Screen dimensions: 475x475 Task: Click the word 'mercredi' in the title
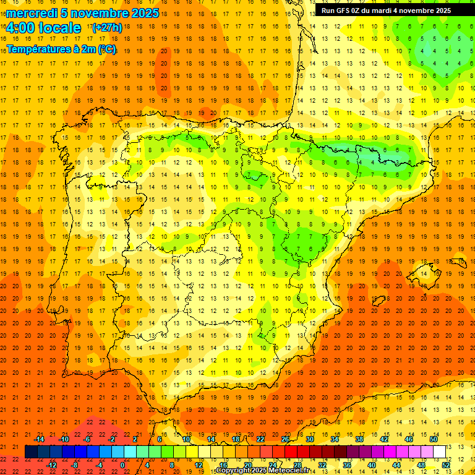32,13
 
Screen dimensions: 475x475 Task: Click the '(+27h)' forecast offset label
106,28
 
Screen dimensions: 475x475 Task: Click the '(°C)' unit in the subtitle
106,48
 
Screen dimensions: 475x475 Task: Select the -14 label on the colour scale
40,439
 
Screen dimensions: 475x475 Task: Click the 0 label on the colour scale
122,465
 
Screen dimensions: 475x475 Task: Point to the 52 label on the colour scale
446,465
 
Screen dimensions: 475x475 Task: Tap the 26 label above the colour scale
285,439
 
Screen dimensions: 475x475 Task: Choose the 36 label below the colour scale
347,465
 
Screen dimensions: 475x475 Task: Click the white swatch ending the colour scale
439,452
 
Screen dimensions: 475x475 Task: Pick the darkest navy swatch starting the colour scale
31,452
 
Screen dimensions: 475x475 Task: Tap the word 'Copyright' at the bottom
233,471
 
